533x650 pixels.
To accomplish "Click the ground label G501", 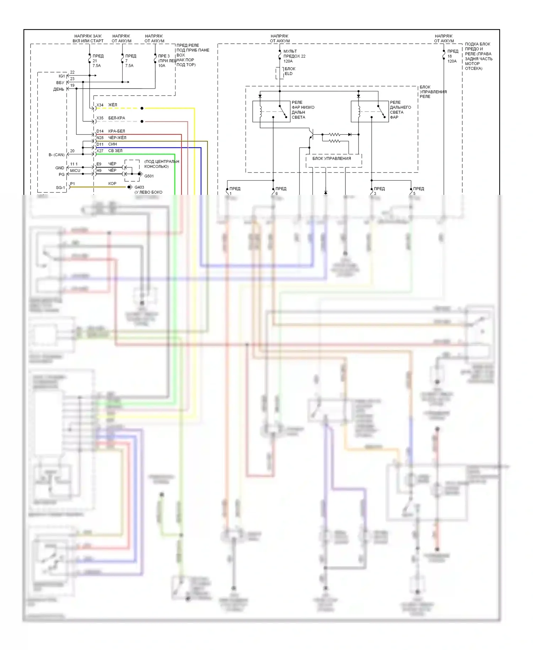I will pyautogui.click(x=149, y=176).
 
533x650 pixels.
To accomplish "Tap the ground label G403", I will pyautogui.click(x=139, y=187).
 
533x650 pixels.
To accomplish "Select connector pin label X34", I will pyautogui.click(x=100, y=105).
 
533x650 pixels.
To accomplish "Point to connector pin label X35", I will pyautogui.click(x=100, y=118).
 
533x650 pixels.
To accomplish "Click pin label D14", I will pyautogui.click(x=100, y=131).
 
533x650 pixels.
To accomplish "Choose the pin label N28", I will pyautogui.click(x=100, y=138).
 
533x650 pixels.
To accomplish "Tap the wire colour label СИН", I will pyautogui.click(x=112, y=144).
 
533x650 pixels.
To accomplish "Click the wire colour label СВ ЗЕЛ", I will pyautogui.click(x=115, y=151).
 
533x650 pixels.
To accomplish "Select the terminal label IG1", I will pyautogui.click(x=62, y=76).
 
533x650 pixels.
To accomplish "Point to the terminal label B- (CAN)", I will pyautogui.click(x=56, y=155).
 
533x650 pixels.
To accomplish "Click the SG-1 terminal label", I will pyautogui.click(x=60, y=188).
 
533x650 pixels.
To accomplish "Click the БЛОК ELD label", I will pyautogui.click(x=290, y=71).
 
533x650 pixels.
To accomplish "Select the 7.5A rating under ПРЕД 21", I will pyautogui.click(x=97, y=66).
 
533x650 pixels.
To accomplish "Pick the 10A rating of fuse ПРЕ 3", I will pyautogui.click(x=162, y=66).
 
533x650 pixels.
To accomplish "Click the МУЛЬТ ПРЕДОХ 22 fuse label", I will pyautogui.click(x=294, y=54).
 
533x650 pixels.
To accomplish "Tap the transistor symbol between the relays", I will pyautogui.click(x=311, y=135).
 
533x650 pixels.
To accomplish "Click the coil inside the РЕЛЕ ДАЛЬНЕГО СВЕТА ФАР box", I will pyautogui.click(x=359, y=111).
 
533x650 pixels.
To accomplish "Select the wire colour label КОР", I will pyautogui.click(x=112, y=183).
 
